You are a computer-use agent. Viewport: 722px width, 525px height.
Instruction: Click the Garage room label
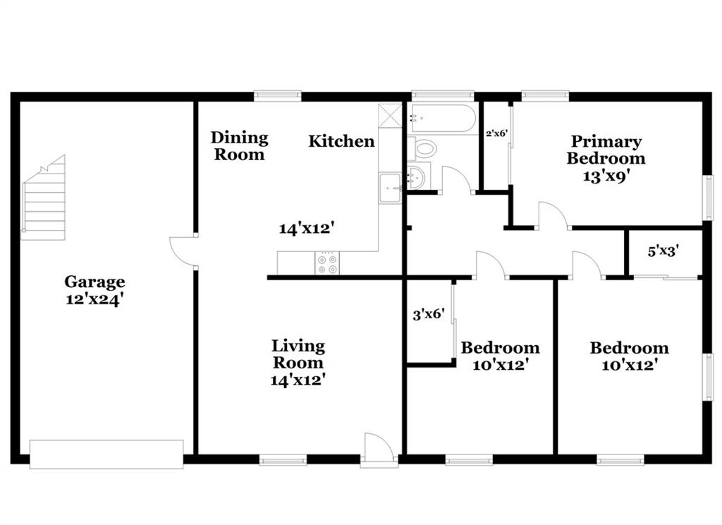click(94, 282)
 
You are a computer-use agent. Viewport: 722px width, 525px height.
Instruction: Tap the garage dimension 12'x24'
click(94, 300)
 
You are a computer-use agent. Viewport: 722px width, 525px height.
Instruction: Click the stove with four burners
click(327, 263)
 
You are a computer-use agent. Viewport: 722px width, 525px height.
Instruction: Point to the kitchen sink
click(391, 188)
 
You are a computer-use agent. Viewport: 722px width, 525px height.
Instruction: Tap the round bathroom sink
click(417, 177)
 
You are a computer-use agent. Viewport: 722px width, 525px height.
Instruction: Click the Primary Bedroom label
click(606, 150)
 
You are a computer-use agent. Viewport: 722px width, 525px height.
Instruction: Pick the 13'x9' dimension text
click(606, 176)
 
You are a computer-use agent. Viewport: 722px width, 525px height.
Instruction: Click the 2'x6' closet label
click(497, 133)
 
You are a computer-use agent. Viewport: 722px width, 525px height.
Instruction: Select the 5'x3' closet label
click(663, 252)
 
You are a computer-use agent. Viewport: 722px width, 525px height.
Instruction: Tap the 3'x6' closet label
click(429, 315)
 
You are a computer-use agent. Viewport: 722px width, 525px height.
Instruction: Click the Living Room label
click(298, 354)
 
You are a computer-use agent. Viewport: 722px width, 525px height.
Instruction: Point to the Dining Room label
click(240, 145)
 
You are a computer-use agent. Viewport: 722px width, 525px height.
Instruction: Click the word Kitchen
click(341, 141)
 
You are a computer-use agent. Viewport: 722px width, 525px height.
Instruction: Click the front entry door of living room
click(379, 448)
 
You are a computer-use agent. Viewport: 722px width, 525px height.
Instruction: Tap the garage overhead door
click(106, 454)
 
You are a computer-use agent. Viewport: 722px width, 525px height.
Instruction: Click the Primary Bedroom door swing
click(553, 215)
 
